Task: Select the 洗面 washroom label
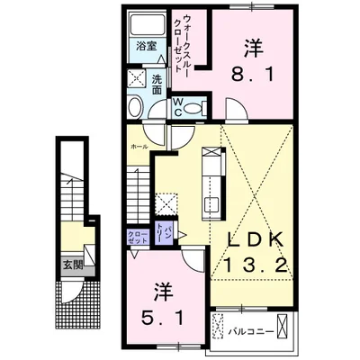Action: tap(157, 84)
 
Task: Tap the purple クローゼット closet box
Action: tap(138, 237)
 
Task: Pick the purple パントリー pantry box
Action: tap(165, 232)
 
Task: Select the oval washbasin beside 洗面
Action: tap(134, 108)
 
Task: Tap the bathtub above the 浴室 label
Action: tap(144, 24)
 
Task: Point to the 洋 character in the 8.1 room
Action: tap(251, 45)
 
